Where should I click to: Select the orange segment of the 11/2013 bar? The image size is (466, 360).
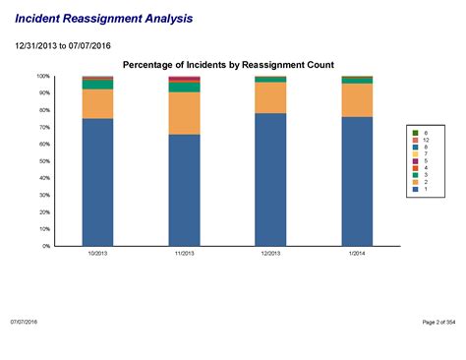click(184, 113)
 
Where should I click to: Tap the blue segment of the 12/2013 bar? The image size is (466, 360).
click(270, 179)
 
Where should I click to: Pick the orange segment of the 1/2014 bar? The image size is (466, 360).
click(357, 100)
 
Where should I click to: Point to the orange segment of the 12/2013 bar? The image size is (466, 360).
click(270, 97)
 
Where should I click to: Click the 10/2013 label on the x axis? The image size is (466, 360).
click(97, 253)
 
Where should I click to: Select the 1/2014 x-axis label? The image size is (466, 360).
click(357, 253)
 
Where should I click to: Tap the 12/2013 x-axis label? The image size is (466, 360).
click(270, 253)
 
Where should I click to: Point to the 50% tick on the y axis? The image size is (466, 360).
click(44, 160)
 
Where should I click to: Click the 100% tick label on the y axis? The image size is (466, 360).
click(43, 76)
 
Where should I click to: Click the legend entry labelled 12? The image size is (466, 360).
click(422, 140)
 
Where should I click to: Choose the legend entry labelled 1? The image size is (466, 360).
click(422, 189)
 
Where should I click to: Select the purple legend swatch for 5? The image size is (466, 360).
click(415, 160)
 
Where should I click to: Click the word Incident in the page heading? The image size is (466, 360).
click(38, 19)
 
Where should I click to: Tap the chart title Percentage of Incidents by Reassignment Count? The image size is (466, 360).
click(234, 64)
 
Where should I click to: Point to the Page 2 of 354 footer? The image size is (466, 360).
click(437, 322)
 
